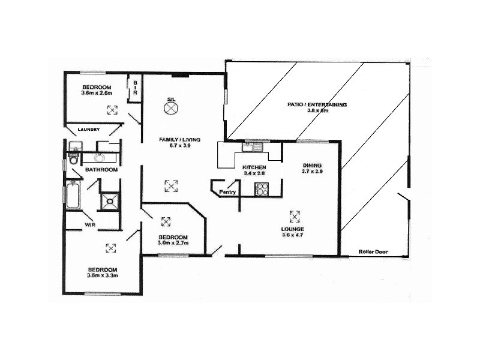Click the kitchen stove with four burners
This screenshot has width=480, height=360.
click(262, 189)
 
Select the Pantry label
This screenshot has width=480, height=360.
click(227, 192)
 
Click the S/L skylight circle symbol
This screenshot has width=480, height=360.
click(172, 108)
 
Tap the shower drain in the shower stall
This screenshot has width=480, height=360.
click(109, 202)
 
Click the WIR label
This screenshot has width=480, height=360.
click(90, 225)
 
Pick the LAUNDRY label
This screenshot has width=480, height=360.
click(88, 129)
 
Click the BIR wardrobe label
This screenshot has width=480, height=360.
click(135, 88)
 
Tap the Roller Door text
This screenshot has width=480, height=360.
click(371, 251)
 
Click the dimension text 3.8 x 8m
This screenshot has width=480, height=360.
click(319, 112)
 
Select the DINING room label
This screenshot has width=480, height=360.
click(312, 165)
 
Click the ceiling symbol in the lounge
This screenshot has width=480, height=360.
click(294, 216)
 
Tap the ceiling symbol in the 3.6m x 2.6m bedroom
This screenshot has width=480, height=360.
click(112, 110)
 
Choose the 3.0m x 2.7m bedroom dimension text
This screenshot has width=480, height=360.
click(173, 243)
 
